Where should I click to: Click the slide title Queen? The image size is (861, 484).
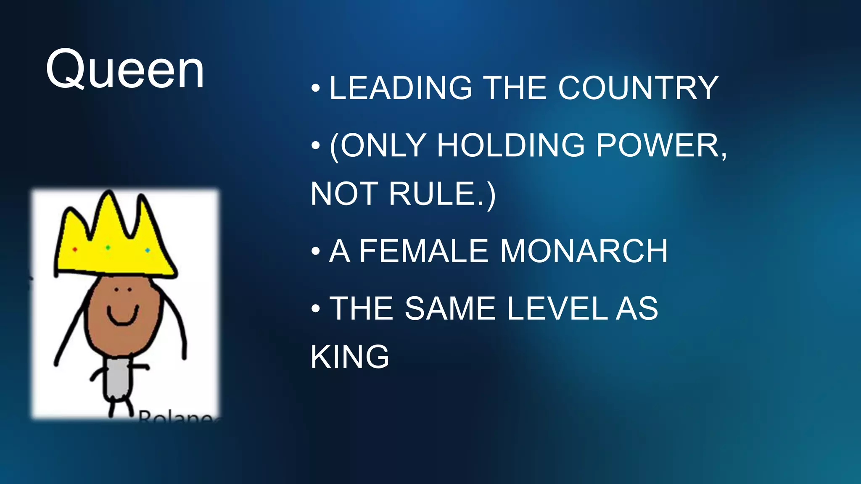click(125, 69)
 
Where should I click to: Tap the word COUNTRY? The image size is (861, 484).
click(638, 88)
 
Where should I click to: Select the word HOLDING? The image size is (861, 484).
click(511, 146)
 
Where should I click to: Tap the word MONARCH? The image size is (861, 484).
click(584, 251)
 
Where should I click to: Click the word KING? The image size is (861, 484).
click(350, 357)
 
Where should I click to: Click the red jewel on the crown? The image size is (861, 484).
click(75, 249)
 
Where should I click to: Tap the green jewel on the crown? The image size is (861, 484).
click(108, 247)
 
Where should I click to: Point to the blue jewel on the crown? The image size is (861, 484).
click(148, 250)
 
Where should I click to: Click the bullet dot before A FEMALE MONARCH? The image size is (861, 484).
click(316, 251)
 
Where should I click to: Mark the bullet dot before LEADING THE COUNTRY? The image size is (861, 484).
click(316, 88)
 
